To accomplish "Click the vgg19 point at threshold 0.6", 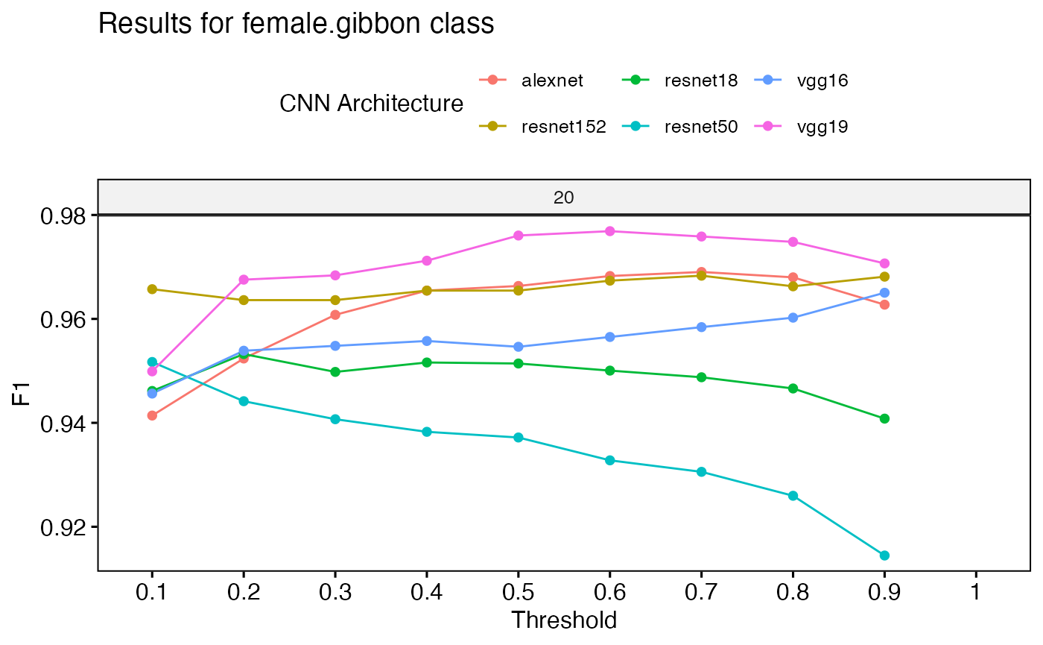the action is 610,231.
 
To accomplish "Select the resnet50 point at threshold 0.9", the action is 884,556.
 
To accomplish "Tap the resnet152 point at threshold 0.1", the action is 152,289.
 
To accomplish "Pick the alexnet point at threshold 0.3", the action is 335,315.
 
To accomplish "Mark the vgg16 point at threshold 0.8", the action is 793,318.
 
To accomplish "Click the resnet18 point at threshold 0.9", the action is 884,418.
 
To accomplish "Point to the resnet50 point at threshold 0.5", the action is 519,437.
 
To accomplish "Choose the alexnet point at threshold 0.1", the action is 152,415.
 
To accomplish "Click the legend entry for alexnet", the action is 531,81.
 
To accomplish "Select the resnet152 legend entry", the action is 542,126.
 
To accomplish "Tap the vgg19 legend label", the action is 822,127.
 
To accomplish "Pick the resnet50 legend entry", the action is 679,126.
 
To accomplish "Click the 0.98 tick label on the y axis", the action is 63,217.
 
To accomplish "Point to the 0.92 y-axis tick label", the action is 63,528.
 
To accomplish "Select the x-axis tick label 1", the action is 975,592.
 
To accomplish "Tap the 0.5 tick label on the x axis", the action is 519,592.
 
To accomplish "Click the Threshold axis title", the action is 564,620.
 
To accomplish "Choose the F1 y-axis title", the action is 21,394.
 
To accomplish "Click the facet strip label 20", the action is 563,198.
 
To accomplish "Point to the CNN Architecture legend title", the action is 371,104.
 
